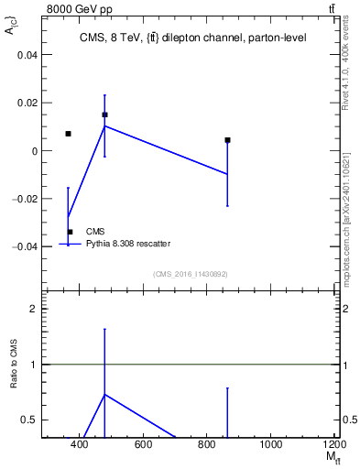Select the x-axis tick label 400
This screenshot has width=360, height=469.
pos(80,445)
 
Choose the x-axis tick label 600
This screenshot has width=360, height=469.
pos(143,445)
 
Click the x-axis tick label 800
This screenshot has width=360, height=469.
pos(207,445)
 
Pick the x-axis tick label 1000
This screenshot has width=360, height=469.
pos(270,445)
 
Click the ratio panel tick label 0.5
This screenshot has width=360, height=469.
pos(29,420)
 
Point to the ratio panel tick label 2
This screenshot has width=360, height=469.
pos(34,309)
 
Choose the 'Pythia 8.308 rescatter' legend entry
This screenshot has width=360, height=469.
pos(128,243)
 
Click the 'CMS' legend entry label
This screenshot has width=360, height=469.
pos(95,232)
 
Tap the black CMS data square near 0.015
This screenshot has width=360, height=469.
pos(104,115)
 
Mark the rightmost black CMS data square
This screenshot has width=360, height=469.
pos(227,140)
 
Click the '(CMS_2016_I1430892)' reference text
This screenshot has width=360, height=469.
pos(190,273)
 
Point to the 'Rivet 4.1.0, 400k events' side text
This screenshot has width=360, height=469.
pos(345,68)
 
